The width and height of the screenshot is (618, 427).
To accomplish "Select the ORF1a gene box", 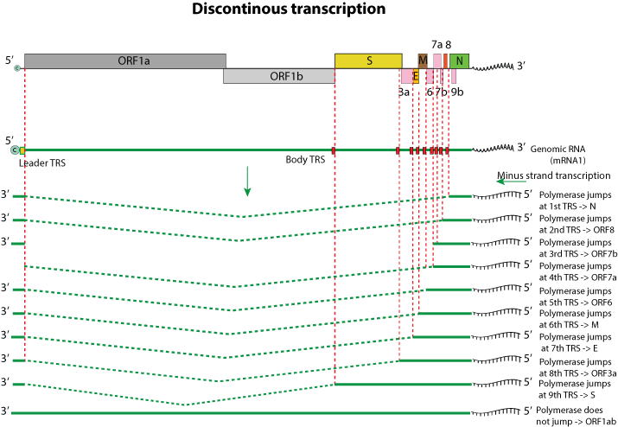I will click(125, 61).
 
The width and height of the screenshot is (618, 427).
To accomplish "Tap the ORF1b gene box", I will click(278, 76).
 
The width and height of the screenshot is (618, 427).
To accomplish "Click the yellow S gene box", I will click(368, 61).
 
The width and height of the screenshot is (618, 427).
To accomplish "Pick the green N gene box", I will click(460, 61).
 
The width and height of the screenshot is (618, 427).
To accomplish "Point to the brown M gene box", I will click(423, 61).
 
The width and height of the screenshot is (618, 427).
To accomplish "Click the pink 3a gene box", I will click(405, 76).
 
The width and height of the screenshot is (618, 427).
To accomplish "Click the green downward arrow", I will click(247, 180).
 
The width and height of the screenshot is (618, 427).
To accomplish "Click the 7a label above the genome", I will click(436, 41).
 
